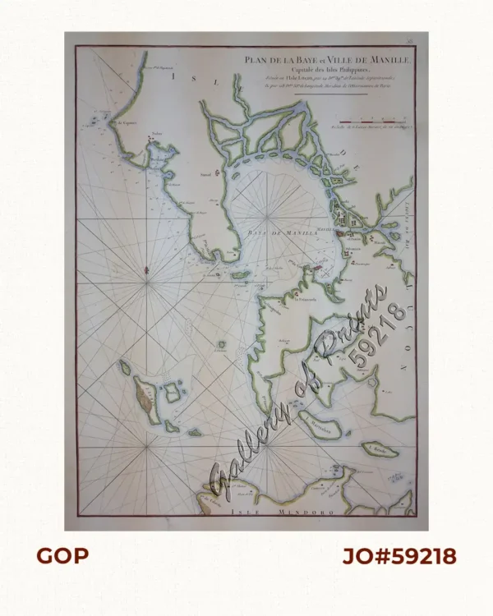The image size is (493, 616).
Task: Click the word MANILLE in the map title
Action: [375, 58]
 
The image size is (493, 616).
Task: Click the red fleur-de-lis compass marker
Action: [146, 269]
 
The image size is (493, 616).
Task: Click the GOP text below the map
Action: [62, 556]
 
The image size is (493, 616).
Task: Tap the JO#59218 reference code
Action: [399, 556]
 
